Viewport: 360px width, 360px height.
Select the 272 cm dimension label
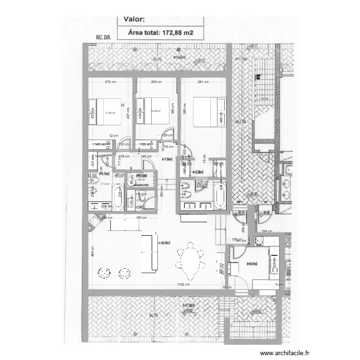(110, 82)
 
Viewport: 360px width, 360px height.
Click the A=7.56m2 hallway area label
(168, 159)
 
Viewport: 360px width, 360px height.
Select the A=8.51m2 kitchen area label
(252, 264)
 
